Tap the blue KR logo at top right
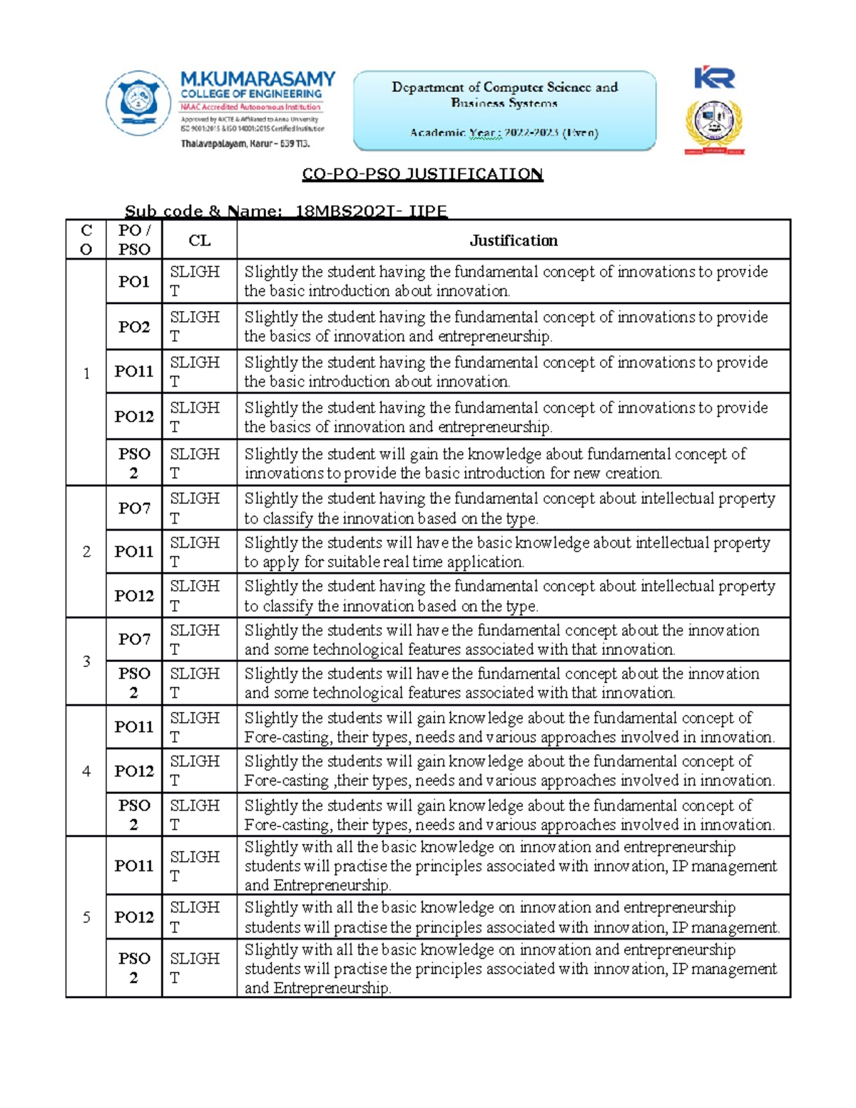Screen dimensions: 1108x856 [714, 78]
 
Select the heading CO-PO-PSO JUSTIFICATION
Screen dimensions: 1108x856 [422, 174]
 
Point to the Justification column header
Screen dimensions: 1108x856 [513, 240]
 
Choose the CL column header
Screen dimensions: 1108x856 [199, 240]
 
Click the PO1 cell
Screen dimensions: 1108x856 [134, 282]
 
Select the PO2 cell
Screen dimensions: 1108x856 [134, 327]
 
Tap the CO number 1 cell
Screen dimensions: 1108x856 [86, 373]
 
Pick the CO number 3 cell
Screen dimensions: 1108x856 [86, 661]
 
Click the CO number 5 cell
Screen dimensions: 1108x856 [86, 917]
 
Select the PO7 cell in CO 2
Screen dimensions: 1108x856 [134, 508]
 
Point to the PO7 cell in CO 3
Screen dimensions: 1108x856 [134, 639]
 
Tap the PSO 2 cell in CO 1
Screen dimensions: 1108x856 [134, 463]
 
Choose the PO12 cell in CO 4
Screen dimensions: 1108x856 [134, 771]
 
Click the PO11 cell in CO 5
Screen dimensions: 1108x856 [134, 865]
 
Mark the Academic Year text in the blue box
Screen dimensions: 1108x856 [504, 133]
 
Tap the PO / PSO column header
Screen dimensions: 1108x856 [134, 240]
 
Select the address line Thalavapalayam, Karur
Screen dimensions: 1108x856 [245, 143]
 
